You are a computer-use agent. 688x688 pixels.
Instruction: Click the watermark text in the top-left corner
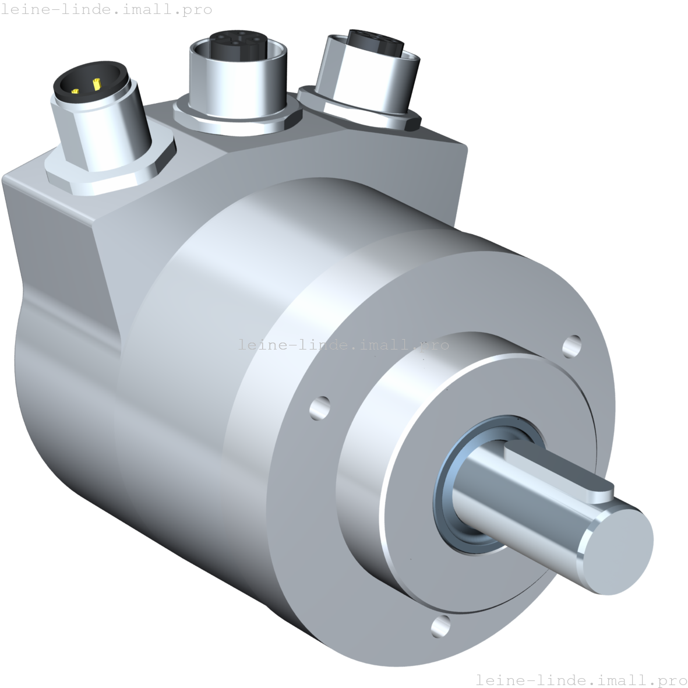[x=106, y=10]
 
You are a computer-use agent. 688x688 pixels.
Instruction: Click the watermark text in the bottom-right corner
[x=581, y=680]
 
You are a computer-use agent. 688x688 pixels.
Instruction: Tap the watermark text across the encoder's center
[x=344, y=345]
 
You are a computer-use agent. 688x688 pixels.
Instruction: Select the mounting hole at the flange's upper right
[x=571, y=346]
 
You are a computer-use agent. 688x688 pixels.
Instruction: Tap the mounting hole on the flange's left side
[x=320, y=407]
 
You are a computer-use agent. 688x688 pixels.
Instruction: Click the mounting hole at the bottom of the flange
[x=441, y=626]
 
